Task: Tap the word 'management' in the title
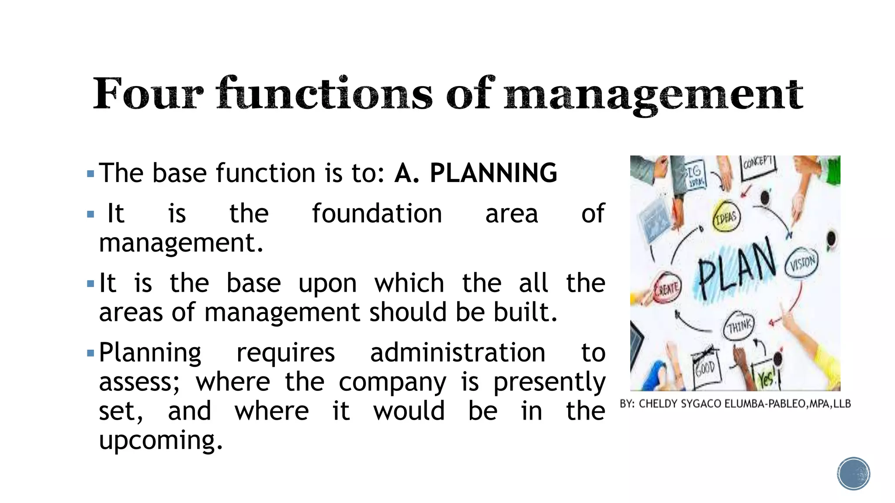point(653,95)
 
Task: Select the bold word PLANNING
point(493,173)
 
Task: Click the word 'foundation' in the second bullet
point(377,214)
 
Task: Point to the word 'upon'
point(327,284)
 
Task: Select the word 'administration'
point(458,353)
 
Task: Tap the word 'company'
point(392,382)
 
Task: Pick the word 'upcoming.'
point(161,441)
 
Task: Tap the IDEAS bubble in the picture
point(726,217)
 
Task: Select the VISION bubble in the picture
point(802,263)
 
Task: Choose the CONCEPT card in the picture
point(758,165)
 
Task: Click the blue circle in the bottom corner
point(853,474)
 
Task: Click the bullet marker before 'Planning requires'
point(90,353)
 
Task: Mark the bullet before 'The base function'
point(90,174)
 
